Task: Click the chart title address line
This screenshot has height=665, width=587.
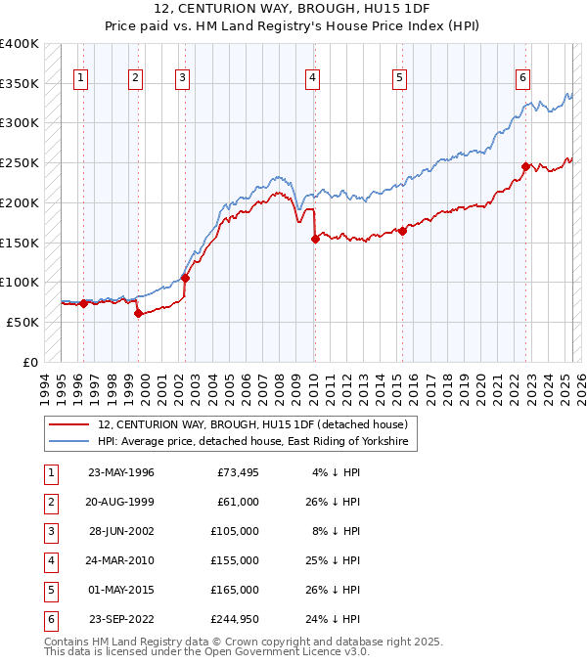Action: [x=293, y=7]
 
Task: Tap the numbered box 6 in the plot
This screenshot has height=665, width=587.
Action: [x=523, y=77]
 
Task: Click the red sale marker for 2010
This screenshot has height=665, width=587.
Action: [x=315, y=239]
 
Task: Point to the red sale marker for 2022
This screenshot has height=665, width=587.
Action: [x=525, y=167]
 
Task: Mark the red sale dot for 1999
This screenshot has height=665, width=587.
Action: [x=138, y=313]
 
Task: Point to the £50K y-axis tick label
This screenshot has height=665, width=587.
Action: [x=23, y=322]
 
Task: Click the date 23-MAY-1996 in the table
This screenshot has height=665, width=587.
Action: [x=120, y=473]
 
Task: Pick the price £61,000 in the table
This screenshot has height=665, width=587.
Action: [x=238, y=503]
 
